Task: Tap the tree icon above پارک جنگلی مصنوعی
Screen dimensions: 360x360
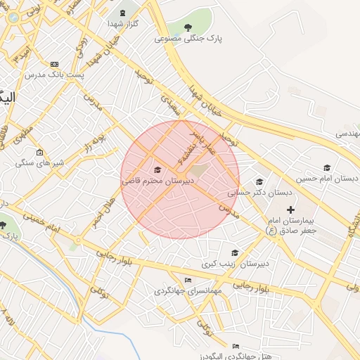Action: point(188,27)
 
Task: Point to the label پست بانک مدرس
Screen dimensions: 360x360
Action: point(55,74)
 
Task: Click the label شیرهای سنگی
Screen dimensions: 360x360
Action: point(40,163)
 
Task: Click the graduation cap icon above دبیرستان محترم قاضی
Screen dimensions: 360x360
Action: point(157,170)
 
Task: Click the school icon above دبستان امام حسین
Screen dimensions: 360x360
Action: point(326,167)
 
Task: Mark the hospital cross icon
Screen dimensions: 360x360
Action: point(291,210)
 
